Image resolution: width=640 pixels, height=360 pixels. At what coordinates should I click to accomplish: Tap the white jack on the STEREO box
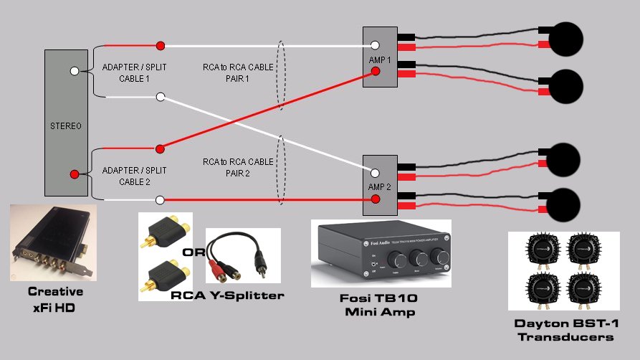75,71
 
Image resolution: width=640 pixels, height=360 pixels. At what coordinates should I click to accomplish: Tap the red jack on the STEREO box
75,174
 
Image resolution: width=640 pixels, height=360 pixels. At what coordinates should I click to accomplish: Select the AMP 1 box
380,58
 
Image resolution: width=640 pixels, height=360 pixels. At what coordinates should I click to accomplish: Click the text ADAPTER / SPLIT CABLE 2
134,176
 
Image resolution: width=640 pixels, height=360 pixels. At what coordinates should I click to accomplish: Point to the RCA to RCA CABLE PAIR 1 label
237,72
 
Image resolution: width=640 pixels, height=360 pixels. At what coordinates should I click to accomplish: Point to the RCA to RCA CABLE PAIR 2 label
237,167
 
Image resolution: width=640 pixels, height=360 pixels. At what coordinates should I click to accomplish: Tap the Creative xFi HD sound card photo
52,243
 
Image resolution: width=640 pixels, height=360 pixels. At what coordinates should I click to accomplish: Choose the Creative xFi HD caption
55,298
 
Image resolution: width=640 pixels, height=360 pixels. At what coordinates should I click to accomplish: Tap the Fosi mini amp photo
381,254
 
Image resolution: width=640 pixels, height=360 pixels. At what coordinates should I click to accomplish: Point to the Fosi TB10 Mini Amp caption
381,305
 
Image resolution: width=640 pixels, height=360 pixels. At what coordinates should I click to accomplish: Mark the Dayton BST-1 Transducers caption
565,330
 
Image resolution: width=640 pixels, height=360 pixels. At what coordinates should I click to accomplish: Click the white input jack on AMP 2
375,172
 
